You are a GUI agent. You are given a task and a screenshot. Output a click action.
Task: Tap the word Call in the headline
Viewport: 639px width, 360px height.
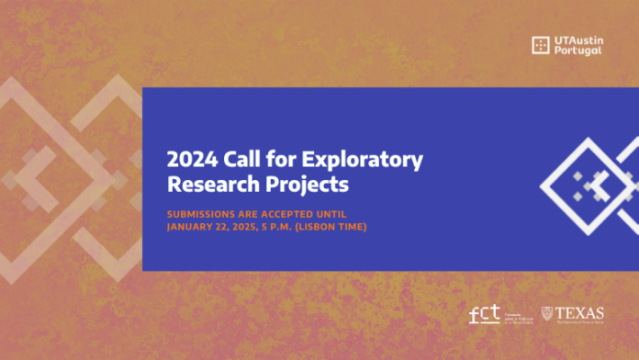238,160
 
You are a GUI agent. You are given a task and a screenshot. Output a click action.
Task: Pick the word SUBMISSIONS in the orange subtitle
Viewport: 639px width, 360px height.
204,213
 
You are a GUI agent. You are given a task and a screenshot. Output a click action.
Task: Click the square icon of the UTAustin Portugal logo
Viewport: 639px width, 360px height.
541,45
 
